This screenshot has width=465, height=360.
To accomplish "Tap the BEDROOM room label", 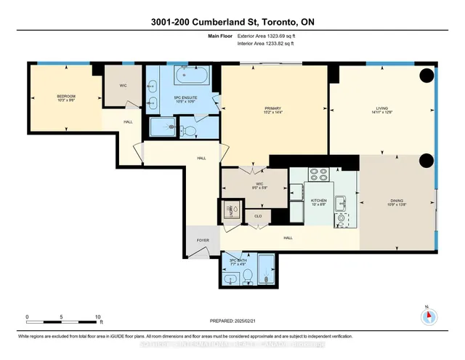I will click(x=67, y=97).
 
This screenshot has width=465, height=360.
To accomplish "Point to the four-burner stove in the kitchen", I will click(x=320, y=175).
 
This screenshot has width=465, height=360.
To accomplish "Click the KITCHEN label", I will click(x=319, y=200).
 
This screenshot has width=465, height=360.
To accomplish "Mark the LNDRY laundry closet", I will click(x=232, y=210).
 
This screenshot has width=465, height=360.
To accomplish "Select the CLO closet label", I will click(x=257, y=216).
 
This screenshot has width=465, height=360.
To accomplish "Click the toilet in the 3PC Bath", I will click(x=247, y=275).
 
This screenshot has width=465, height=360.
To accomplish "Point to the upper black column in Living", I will click(x=426, y=75).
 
